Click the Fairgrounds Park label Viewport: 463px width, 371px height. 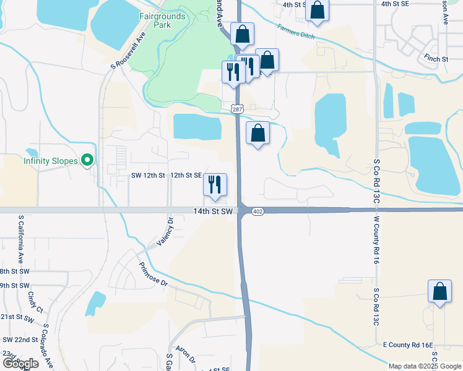162,20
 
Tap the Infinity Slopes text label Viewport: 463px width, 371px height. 51,161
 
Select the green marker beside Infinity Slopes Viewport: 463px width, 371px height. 87,161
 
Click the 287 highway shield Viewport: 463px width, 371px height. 236,109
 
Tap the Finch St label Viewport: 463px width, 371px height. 436,59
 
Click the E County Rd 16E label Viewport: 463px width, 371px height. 407,344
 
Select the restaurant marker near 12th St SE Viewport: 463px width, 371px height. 215,184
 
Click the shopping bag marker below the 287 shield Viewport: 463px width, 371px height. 257,132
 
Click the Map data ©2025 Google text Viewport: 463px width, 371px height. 425,366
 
